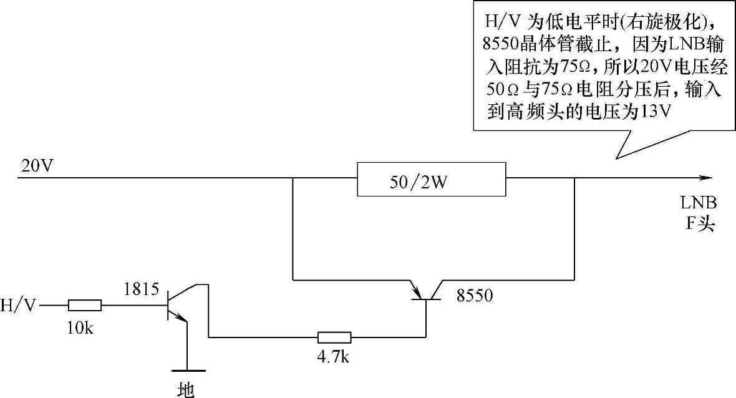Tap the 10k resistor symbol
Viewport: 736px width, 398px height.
[84, 306]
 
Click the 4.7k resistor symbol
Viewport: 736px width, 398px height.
[334, 337]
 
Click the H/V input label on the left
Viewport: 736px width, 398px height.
[19, 306]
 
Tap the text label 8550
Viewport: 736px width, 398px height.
[475, 296]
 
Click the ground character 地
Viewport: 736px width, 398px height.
[186, 389]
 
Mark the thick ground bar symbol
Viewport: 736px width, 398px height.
[186, 370]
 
